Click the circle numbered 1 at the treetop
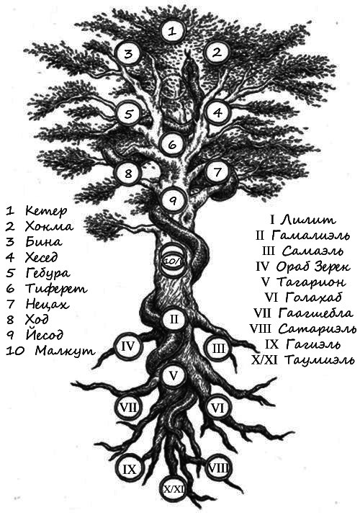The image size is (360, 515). (172, 31)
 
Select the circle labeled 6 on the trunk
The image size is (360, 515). (173, 145)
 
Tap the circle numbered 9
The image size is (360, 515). (174, 200)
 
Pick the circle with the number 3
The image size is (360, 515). (128, 53)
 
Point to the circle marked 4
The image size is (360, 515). (217, 112)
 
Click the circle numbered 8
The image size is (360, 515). (128, 173)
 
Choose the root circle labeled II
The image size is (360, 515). (174, 319)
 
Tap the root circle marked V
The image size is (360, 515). (174, 376)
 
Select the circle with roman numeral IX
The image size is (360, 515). (130, 470)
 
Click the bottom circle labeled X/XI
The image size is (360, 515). (173, 489)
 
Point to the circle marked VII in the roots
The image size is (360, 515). (128, 408)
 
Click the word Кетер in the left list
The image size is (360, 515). (46, 211)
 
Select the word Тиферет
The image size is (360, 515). (56, 289)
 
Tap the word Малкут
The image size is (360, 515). (65, 351)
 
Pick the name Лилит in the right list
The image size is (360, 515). (308, 220)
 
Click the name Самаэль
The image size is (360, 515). (312, 251)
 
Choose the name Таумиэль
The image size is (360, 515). (319, 360)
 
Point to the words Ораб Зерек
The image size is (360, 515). (313, 267)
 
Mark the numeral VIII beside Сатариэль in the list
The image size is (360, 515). (260, 328)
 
